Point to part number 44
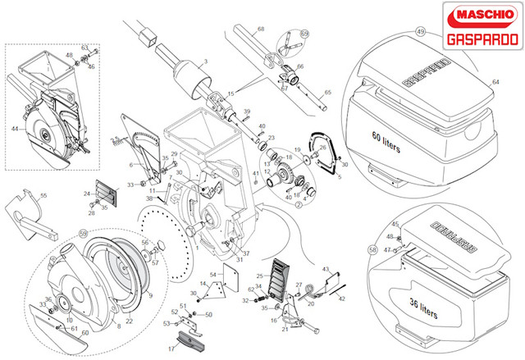(14, 129)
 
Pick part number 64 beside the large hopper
(496, 82)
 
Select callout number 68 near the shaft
(261, 29)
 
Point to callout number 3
(206, 62)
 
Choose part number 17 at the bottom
(171, 349)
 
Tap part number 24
(86, 194)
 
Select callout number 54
(212, 273)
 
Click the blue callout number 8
(117, 326)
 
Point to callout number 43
(325, 269)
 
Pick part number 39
(246, 111)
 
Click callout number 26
(322, 148)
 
